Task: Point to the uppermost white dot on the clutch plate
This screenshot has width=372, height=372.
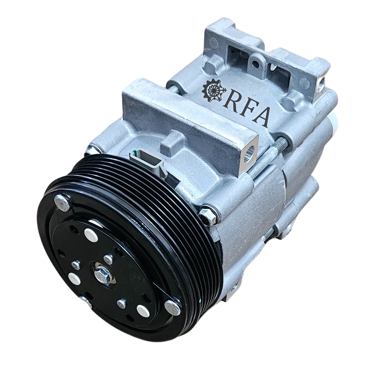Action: pyautogui.click(x=91, y=235)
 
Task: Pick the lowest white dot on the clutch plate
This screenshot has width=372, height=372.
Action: pyautogui.click(x=143, y=310)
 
